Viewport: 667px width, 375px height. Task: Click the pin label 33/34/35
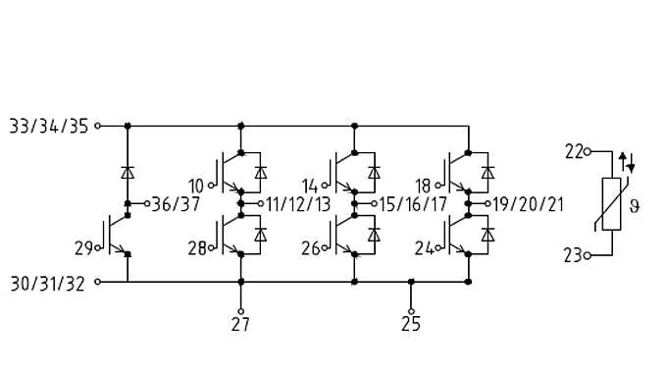click(48, 127)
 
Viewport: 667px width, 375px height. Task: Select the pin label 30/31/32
click(48, 283)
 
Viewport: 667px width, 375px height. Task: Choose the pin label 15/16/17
click(412, 204)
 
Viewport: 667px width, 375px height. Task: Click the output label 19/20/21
click(530, 204)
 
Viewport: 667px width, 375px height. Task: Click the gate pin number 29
click(84, 249)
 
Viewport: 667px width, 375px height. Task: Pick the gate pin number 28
click(197, 249)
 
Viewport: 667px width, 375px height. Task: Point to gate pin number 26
click(310, 249)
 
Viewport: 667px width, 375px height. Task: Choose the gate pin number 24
click(423, 249)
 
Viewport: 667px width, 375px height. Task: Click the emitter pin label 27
click(240, 324)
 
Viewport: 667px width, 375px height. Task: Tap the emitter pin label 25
click(411, 324)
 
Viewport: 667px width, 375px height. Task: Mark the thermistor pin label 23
click(573, 256)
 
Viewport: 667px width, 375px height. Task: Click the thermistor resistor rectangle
click(611, 204)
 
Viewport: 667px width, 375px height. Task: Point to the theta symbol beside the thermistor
click(635, 206)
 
